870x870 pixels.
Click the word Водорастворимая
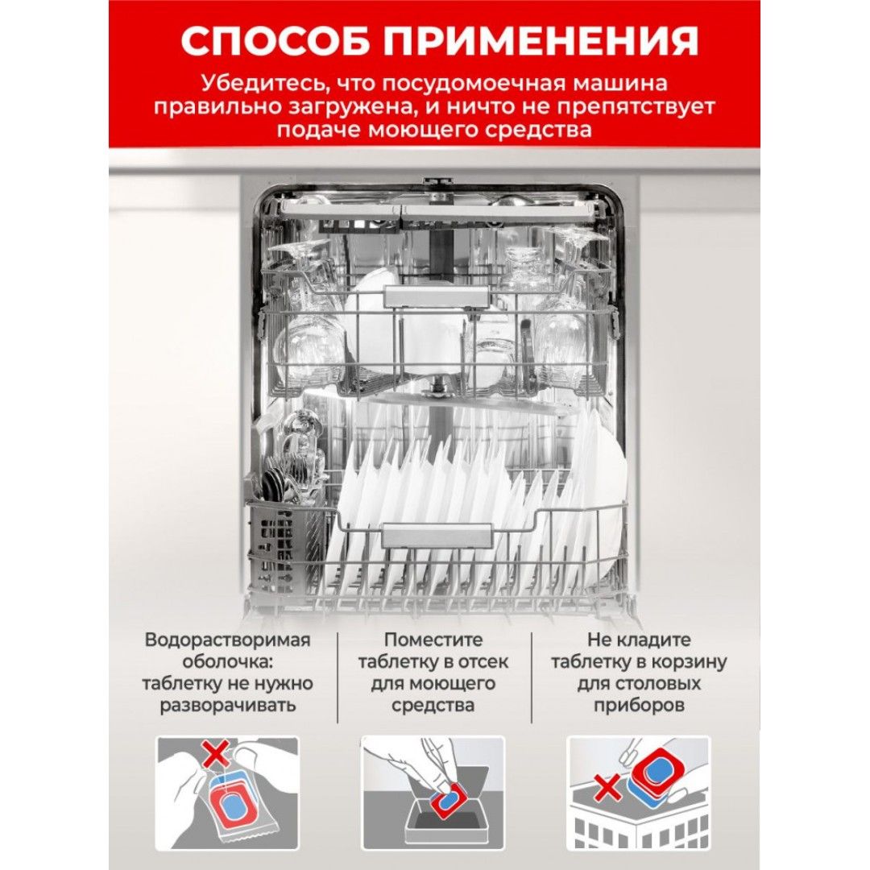pos(227,640)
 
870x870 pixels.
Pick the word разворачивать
pos(228,706)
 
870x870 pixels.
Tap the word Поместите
pos(433,640)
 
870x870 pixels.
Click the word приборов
pos(639,706)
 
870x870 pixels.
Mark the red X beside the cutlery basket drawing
pos(608,787)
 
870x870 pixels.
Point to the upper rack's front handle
pos(437,296)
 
